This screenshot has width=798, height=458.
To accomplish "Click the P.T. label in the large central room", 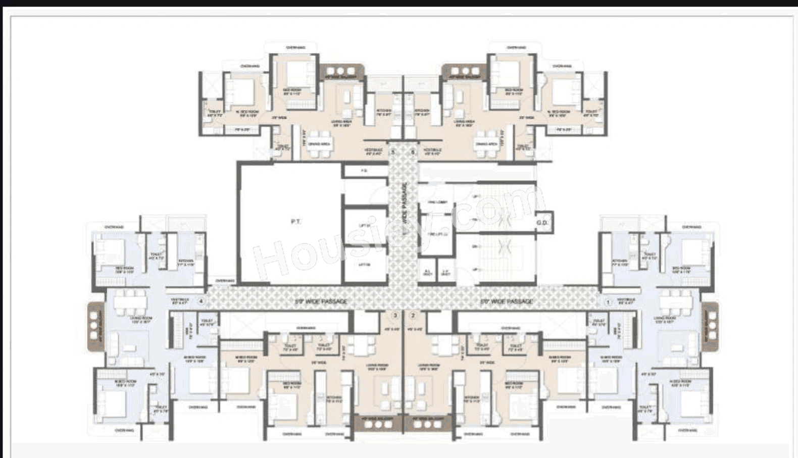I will click(295, 222).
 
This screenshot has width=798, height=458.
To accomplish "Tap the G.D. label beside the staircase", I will click(542, 223).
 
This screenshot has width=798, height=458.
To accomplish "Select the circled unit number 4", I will click(201, 301).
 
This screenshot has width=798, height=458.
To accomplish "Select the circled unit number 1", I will click(608, 302).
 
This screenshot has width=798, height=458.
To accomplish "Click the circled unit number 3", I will click(395, 316).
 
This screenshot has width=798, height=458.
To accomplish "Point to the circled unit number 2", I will click(413, 316).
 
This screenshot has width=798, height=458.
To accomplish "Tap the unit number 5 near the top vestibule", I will click(393, 151).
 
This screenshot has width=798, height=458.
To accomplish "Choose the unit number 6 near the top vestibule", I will click(413, 151).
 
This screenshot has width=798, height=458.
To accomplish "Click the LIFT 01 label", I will click(365, 225).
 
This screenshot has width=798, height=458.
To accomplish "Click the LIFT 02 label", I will click(365, 264).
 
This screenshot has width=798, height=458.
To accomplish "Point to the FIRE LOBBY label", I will click(437, 202).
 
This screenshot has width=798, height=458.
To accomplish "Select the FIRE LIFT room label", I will click(437, 234).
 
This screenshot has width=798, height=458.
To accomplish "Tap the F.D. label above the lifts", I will click(364, 171).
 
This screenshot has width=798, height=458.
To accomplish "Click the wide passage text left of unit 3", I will click(321, 301).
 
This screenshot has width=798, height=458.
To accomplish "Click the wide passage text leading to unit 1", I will click(507, 301).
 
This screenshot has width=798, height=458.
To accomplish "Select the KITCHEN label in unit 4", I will click(185, 263).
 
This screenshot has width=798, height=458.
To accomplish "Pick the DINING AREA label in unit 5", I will click(319, 144).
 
